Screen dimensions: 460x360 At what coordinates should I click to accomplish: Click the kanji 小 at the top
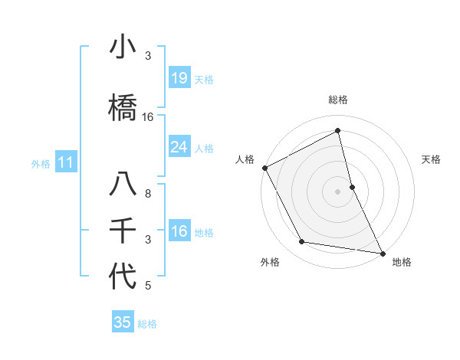tap(123, 47)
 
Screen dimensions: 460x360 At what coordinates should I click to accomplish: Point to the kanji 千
tap(123, 231)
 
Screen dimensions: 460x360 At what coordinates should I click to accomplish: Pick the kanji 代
tap(123, 277)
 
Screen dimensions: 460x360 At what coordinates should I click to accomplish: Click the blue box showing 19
tap(179, 78)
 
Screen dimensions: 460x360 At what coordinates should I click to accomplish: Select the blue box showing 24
tap(179, 147)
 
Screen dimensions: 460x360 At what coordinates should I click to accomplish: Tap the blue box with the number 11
tap(66, 162)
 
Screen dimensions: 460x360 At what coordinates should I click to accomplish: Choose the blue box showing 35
tap(123, 322)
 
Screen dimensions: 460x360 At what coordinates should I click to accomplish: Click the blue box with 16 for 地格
tap(179, 231)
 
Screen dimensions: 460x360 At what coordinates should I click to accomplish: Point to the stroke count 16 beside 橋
tap(148, 116)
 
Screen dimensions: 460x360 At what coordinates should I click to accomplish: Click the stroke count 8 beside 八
tap(148, 194)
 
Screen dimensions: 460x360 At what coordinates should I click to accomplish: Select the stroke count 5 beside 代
tap(148, 286)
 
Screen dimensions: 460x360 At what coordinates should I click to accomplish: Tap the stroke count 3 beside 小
tap(148, 56)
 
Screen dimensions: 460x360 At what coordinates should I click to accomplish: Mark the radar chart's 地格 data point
tap(382, 252)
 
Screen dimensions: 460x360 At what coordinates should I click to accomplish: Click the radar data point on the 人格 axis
tap(264, 168)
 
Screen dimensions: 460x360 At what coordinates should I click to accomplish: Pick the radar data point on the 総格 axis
tap(337, 132)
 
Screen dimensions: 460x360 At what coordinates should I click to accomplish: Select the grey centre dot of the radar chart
tap(337, 191)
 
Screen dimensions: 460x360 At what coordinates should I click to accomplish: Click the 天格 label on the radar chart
tap(432, 159)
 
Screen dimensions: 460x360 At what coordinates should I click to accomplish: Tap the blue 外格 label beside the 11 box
tap(40, 163)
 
